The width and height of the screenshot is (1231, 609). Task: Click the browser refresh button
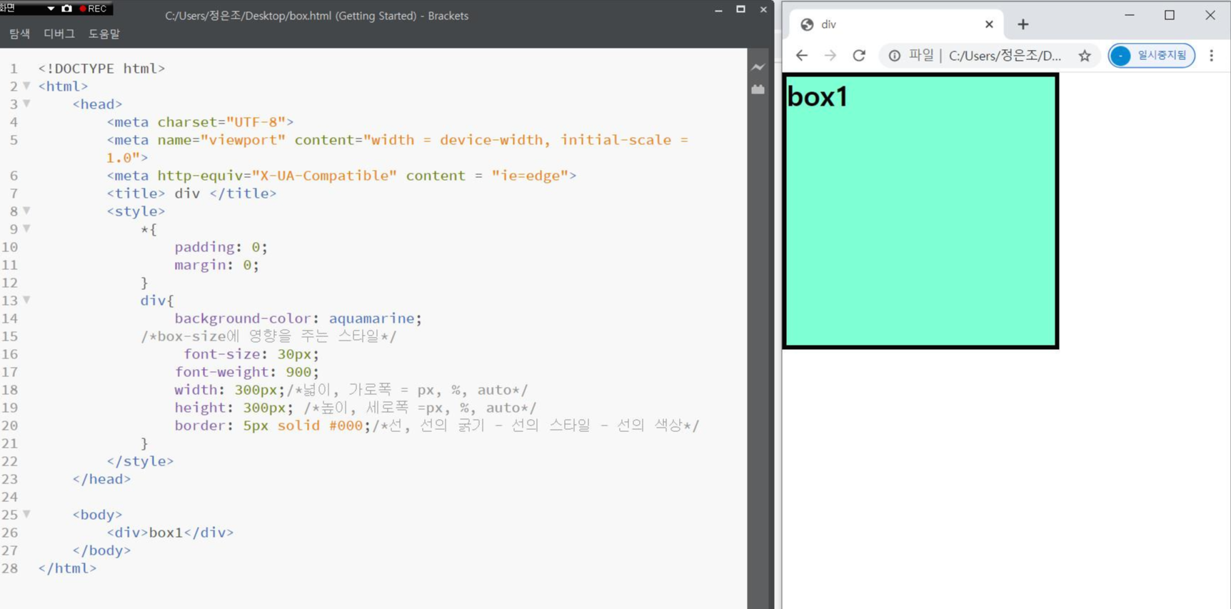(x=858, y=56)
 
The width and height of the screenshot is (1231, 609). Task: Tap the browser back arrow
(x=802, y=56)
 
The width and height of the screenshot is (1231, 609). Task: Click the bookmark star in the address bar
(x=1085, y=56)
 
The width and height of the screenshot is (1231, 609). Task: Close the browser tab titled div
(x=989, y=24)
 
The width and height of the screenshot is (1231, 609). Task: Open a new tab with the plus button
(x=1023, y=24)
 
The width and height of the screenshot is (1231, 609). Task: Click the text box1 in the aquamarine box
(x=818, y=97)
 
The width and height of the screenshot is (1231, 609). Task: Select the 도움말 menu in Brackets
(x=104, y=34)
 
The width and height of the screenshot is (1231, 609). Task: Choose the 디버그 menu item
(x=59, y=34)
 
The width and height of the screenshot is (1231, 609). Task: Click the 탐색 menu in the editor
(x=20, y=34)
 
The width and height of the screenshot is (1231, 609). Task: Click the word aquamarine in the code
(x=371, y=318)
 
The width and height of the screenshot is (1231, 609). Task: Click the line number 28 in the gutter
(x=10, y=568)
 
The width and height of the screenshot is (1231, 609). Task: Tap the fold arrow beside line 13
(x=26, y=300)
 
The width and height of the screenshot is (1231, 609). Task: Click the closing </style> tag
(x=140, y=461)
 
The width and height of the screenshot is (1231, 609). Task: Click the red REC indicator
(x=94, y=9)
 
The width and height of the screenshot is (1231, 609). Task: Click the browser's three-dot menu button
(x=1212, y=56)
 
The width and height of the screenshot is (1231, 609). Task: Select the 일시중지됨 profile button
(x=1152, y=56)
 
